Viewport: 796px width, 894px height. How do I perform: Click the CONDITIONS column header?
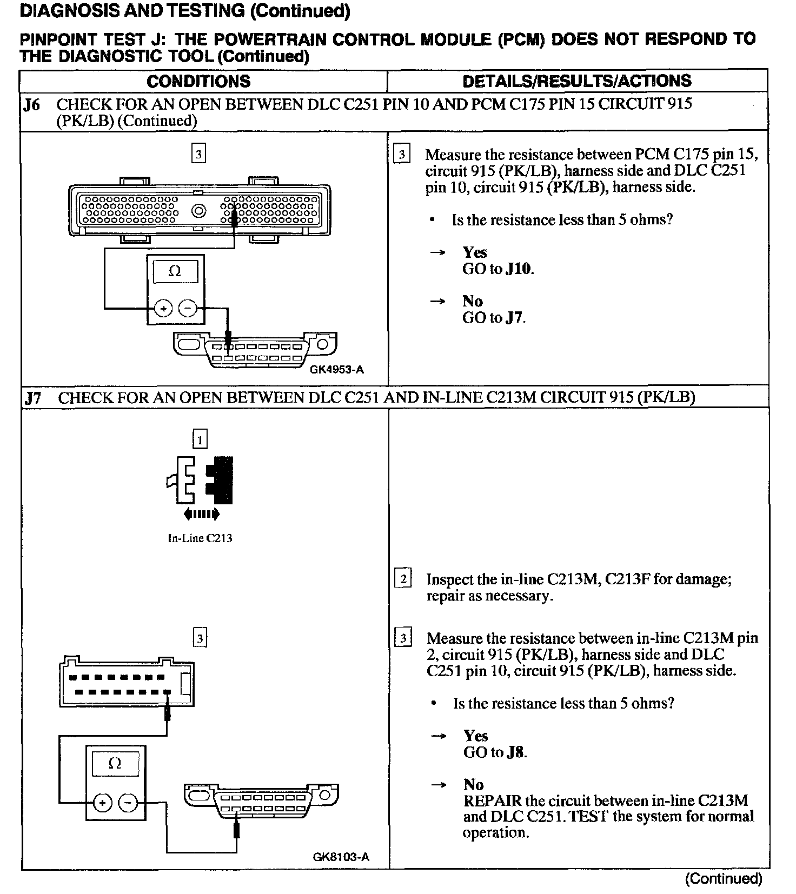click(198, 81)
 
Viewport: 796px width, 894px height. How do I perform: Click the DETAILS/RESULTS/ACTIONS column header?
click(577, 81)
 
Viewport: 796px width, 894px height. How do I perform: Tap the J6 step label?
click(32, 104)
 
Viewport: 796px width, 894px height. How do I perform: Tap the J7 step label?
click(33, 398)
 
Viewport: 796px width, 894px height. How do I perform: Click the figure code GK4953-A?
click(337, 370)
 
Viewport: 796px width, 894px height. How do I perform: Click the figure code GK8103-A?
click(341, 857)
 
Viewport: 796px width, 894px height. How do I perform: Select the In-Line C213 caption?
click(200, 538)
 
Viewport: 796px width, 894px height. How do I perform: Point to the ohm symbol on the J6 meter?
click(175, 271)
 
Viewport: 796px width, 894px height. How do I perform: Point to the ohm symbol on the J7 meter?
click(115, 763)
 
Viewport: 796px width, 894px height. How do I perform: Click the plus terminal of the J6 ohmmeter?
click(163, 309)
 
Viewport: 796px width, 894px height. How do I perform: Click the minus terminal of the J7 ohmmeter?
click(128, 803)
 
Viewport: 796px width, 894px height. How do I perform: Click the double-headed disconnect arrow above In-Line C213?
click(201, 513)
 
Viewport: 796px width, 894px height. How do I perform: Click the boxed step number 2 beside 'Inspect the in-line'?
click(403, 579)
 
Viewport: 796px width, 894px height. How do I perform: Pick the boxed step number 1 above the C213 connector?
click(200, 439)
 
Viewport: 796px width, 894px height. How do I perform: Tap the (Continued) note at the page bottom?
click(724, 879)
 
